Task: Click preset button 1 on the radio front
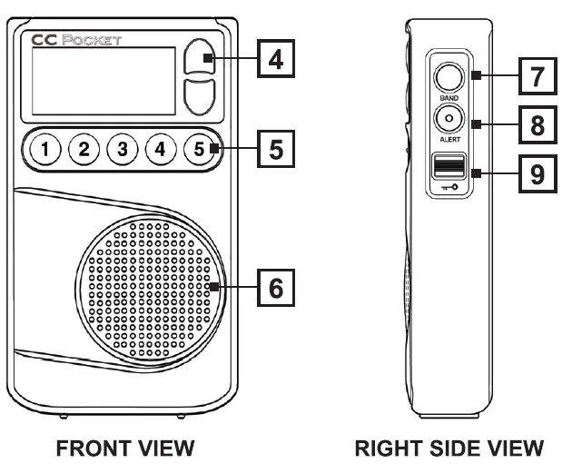tap(45, 149)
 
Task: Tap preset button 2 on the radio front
tap(84, 149)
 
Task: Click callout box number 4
tap(275, 61)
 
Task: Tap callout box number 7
tap(538, 77)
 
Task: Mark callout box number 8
tap(538, 125)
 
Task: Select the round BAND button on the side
tap(448, 75)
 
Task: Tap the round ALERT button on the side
tap(448, 118)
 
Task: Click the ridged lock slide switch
tap(448, 165)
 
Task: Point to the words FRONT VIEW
tap(124, 448)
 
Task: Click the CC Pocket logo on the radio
tap(75, 41)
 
